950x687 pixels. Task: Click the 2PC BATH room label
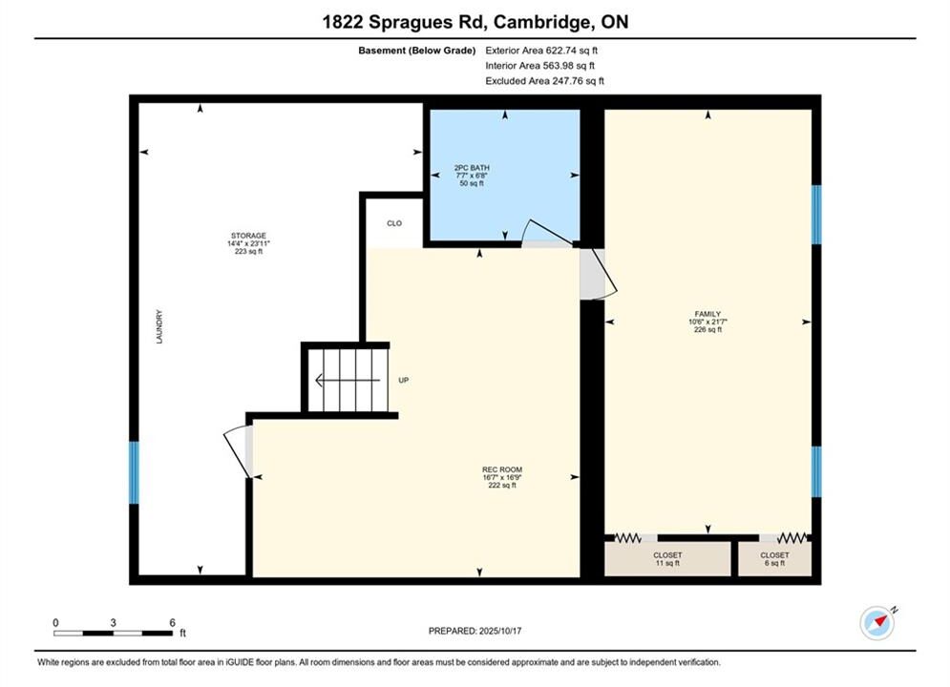472,168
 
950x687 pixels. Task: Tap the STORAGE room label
248,236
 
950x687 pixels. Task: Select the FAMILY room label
707,314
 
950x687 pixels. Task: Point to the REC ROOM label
502,469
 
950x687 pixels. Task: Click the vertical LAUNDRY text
159,327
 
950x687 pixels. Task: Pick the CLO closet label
394,223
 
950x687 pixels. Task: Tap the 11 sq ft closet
667,559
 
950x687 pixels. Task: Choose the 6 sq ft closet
775,559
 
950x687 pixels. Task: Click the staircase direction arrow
348,380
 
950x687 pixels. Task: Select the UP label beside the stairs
404,380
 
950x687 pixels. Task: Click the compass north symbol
877,622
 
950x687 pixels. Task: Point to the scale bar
114,634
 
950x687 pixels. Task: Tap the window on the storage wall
134,472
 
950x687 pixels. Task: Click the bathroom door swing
547,234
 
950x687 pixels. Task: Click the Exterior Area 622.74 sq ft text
541,51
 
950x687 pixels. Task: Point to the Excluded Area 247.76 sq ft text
544,80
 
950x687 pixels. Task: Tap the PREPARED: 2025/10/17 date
475,631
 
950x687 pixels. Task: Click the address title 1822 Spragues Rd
404,22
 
